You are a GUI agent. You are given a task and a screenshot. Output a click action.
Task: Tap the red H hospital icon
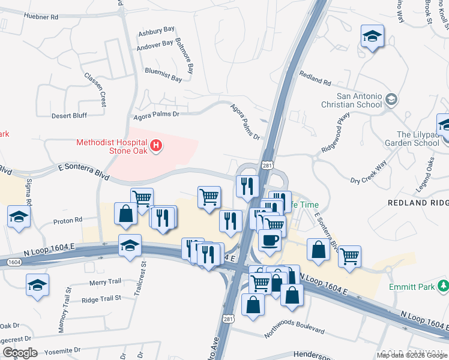[157, 145]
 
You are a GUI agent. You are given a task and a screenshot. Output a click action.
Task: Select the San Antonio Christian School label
[359, 100]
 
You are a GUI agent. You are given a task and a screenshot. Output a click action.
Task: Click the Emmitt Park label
[411, 287]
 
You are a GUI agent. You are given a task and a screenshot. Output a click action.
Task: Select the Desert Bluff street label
[69, 115]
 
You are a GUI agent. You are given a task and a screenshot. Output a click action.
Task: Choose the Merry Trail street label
[105, 281]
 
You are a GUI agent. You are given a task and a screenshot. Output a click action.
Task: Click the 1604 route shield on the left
[13, 263]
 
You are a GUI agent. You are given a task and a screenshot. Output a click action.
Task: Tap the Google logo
[20, 352]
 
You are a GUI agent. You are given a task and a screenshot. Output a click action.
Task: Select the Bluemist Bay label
[163, 79]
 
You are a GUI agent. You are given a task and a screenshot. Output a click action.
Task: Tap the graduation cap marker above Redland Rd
[372, 37]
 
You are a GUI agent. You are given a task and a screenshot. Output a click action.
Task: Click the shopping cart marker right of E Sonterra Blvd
[349, 256]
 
